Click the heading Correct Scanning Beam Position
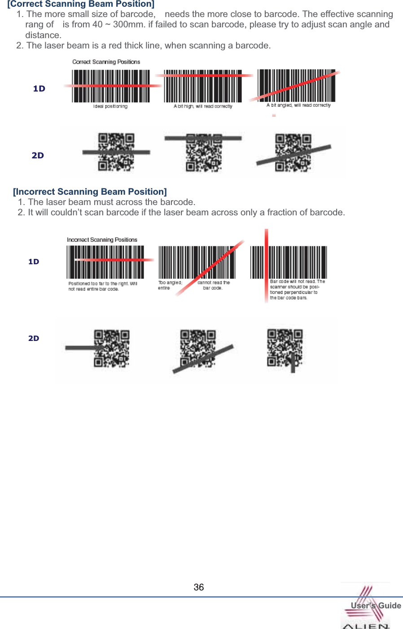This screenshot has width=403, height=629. tap(81, 4)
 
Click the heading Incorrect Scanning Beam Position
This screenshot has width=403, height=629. tap(90, 192)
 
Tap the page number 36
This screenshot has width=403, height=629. tap(198, 587)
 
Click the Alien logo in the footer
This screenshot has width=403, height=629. tap(366, 607)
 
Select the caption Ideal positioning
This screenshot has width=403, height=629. tap(110, 107)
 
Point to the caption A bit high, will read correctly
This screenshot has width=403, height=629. tap(203, 107)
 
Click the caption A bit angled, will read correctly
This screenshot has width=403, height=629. tap(298, 105)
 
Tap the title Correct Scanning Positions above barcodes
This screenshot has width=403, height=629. tap(106, 62)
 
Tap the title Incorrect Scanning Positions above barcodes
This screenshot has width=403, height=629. tap(102, 240)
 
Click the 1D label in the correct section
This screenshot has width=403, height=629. tap(39, 89)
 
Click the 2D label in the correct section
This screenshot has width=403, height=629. tap(38, 156)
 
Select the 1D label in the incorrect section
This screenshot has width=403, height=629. tap(34, 262)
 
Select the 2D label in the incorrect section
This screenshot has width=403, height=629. tap(34, 338)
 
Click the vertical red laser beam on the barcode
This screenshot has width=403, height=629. tap(266, 265)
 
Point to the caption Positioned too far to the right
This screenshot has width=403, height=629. tap(102, 286)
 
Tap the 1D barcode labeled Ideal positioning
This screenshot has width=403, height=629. tap(111, 86)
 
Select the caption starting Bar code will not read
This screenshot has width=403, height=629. tap(297, 289)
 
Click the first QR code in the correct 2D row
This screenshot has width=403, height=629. tap(116, 152)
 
